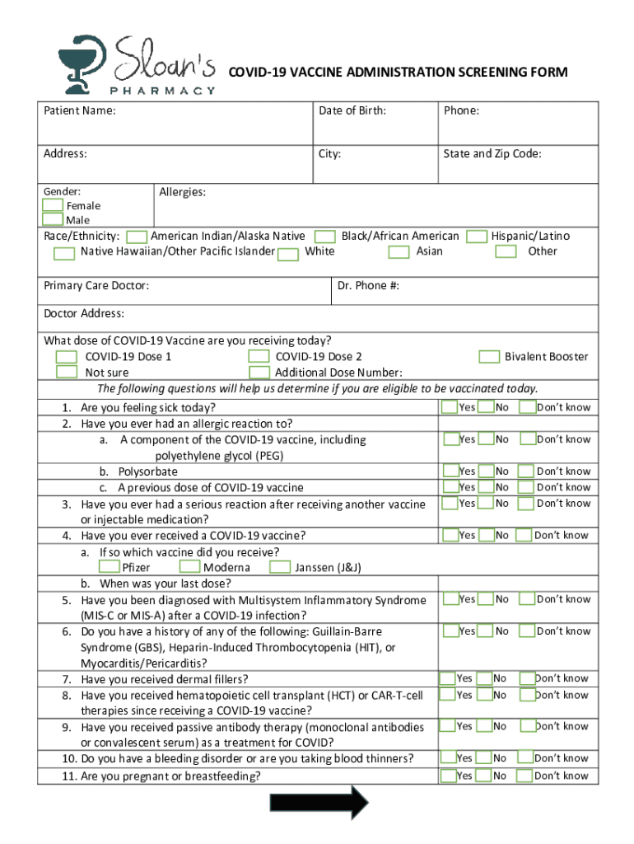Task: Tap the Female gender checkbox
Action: pos(53,205)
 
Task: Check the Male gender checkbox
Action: pos(53,219)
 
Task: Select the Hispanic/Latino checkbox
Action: pos(476,237)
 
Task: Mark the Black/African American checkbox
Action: pos(325,237)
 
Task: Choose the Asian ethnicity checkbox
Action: pos(399,251)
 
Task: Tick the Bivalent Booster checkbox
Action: pos(489,357)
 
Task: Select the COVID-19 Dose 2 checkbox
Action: pos(259,357)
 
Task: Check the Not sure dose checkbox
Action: pos(67,372)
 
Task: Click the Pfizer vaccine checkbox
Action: pos(108,567)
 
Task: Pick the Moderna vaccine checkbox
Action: pos(189,567)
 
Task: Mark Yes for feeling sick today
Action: pos(450,406)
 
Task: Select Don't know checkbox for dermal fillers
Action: pos(527,678)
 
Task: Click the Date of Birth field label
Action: pos(352,110)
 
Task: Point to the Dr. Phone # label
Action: pos(368,286)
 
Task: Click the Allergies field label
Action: pos(182,192)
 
